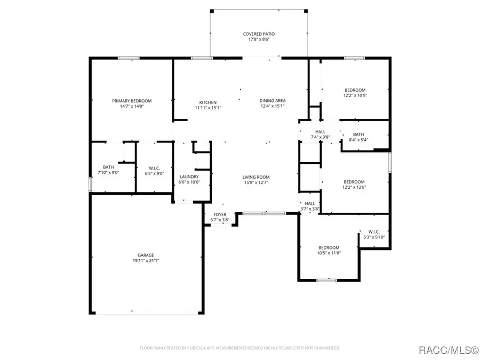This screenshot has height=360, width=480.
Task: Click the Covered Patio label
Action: (259, 34)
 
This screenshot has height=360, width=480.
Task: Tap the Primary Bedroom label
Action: (132, 101)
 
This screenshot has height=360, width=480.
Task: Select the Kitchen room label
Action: (208, 102)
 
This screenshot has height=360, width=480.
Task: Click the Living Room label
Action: (257, 177)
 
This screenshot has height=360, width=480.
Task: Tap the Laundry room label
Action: (189, 177)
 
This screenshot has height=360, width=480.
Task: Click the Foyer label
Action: (220, 214)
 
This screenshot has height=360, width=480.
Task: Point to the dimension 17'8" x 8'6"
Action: (259, 39)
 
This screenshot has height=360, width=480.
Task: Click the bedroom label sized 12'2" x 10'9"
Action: (355, 90)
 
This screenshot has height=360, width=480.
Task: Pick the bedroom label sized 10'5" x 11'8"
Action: (329, 247)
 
